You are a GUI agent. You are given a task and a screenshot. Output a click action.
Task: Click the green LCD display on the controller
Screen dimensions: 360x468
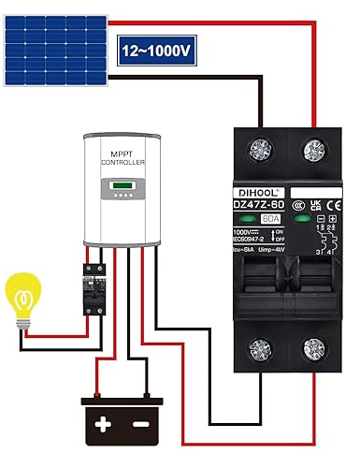pyautogui.click(x=122, y=185)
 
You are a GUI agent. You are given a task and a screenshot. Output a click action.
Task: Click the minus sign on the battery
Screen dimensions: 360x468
pyautogui.click(x=140, y=425)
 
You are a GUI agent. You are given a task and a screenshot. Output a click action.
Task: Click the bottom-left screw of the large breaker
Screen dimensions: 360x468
pyautogui.click(x=252, y=351)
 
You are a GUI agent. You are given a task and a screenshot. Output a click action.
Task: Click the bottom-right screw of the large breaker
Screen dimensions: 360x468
pyautogui.click(x=310, y=351)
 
